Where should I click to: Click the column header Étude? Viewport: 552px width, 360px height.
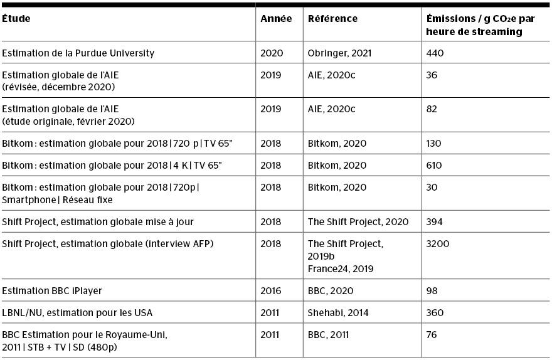tap(16, 19)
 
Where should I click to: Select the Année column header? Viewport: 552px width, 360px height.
tap(276, 19)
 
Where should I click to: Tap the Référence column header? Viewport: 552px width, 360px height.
tap(332, 19)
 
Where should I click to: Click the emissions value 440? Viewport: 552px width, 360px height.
tap(435, 53)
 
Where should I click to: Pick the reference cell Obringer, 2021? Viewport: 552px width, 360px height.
tap(339, 53)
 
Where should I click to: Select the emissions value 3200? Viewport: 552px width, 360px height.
tap(437, 243)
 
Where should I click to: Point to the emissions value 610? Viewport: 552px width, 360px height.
tap(434, 166)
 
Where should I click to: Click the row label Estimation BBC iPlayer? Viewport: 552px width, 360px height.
tap(52, 291)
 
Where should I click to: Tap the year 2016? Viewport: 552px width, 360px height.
tap(272, 291)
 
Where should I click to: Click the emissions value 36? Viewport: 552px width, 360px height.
tap(432, 75)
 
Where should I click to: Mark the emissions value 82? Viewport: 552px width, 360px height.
tap(432, 109)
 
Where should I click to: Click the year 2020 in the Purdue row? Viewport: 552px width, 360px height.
tap(272, 53)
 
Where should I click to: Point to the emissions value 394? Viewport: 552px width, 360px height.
tap(434, 222)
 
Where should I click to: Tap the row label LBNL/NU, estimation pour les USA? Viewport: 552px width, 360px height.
tap(77, 312)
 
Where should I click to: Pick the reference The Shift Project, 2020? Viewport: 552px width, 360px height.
tap(358, 222)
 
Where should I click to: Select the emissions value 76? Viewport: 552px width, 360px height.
tap(432, 334)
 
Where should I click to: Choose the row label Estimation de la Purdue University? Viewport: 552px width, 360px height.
tap(78, 53)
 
